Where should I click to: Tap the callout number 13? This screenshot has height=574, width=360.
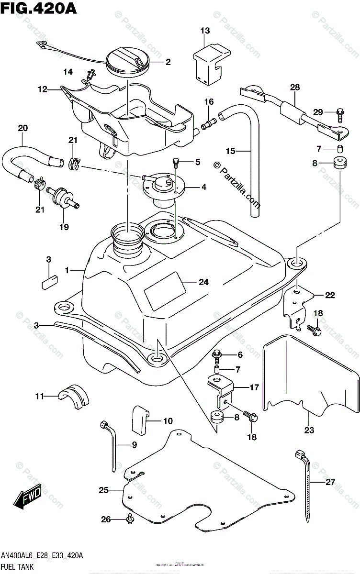(x=205, y=31)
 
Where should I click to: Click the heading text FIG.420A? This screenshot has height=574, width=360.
(x=34, y=8)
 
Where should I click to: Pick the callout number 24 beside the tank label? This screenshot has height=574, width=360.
(x=203, y=282)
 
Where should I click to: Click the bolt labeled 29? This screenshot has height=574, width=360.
(x=340, y=112)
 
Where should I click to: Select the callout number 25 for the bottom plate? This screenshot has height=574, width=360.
(x=103, y=490)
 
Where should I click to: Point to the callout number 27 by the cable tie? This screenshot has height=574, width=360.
(x=330, y=482)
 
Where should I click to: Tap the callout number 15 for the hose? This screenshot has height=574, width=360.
(x=231, y=151)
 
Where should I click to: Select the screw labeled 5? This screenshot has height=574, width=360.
(x=176, y=163)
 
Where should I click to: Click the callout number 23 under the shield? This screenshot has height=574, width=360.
(x=309, y=430)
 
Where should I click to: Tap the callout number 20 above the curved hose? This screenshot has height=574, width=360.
(x=22, y=128)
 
